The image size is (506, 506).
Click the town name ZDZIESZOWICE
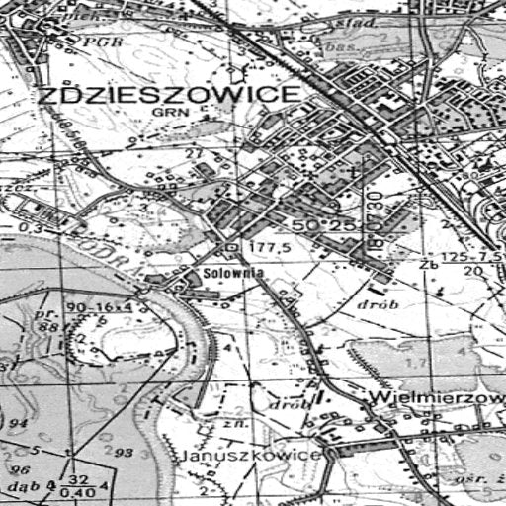pyautogui.click(x=168, y=95)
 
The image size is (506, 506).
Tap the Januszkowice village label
pyautogui.click(x=252, y=455)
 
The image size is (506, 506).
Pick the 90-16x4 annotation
pyautogui.click(x=99, y=308)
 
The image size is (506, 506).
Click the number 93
pyautogui.click(x=124, y=452)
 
